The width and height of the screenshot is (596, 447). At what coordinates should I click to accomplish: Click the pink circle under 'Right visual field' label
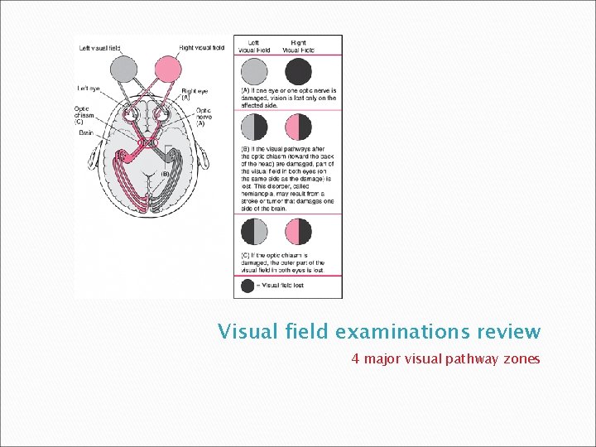click(169, 68)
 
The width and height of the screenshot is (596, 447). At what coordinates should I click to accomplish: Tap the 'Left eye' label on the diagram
click(89, 88)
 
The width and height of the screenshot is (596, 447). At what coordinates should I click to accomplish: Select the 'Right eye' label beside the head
click(195, 94)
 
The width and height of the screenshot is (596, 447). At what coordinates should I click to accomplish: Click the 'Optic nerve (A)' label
click(204, 116)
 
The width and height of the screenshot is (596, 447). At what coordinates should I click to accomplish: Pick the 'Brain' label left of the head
click(86, 132)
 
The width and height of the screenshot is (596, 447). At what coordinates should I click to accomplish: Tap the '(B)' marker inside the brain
click(166, 174)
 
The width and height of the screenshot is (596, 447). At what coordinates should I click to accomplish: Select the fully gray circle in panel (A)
click(254, 69)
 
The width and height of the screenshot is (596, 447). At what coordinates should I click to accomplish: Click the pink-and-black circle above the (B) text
click(298, 126)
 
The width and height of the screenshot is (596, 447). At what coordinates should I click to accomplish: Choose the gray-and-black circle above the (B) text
click(254, 126)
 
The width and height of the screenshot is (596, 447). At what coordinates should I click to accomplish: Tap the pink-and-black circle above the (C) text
click(298, 231)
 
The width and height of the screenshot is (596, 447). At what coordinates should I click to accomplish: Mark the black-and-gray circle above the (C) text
click(254, 231)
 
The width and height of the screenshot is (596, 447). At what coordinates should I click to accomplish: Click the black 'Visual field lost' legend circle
click(248, 285)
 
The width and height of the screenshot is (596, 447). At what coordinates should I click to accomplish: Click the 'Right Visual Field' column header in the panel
click(298, 46)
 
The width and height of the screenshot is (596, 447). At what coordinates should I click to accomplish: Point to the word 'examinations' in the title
click(392, 333)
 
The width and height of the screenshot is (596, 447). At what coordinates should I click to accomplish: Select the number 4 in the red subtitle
click(355, 359)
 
